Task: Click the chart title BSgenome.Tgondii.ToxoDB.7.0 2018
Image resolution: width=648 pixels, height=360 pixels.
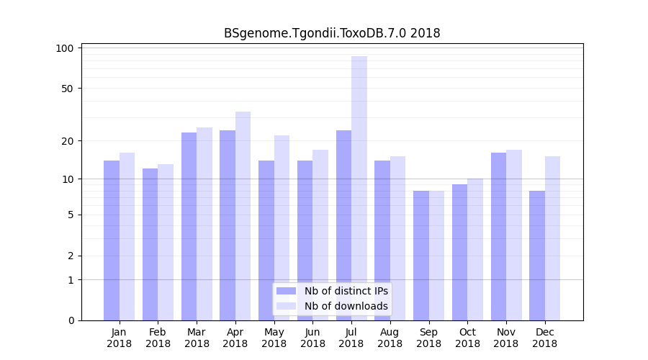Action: point(332,33)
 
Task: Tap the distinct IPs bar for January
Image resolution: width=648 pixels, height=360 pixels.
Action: point(112,240)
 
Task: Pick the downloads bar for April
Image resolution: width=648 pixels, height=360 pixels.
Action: point(243,216)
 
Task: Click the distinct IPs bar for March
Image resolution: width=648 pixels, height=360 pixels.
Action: point(189,226)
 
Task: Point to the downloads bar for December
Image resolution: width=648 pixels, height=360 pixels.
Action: point(552,238)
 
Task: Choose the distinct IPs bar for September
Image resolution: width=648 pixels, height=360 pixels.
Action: point(421,255)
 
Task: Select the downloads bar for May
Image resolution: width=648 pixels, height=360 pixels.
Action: point(282,228)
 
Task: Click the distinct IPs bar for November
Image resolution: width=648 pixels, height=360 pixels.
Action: point(498,236)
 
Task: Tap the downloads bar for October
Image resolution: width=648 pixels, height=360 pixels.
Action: point(475,249)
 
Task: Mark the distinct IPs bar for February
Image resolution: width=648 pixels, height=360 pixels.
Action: point(150,244)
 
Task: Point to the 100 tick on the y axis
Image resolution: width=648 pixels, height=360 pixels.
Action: point(65,48)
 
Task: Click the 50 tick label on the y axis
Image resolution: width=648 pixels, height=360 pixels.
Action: point(67,89)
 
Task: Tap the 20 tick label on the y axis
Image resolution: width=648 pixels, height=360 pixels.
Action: point(67,140)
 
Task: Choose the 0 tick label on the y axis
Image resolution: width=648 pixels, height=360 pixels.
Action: point(70,320)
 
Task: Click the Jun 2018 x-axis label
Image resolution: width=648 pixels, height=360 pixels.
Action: point(312,338)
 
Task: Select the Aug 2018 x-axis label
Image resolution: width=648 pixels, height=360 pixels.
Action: point(390,338)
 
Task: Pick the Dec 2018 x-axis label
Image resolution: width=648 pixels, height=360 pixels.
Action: point(544,338)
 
